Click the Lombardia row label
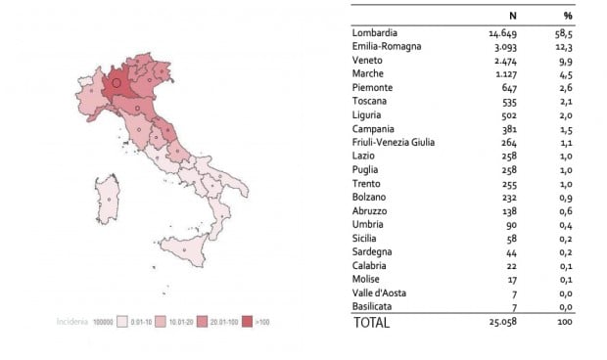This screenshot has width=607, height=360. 377,33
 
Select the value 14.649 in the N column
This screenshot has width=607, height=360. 498,33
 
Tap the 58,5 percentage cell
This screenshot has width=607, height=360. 566,33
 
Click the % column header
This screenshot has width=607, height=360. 567,16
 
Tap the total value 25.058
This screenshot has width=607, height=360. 497,322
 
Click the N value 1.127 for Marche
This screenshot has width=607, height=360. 501,73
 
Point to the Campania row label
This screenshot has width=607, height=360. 378,128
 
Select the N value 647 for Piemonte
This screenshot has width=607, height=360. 505,87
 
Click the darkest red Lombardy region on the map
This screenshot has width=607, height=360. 117,82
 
